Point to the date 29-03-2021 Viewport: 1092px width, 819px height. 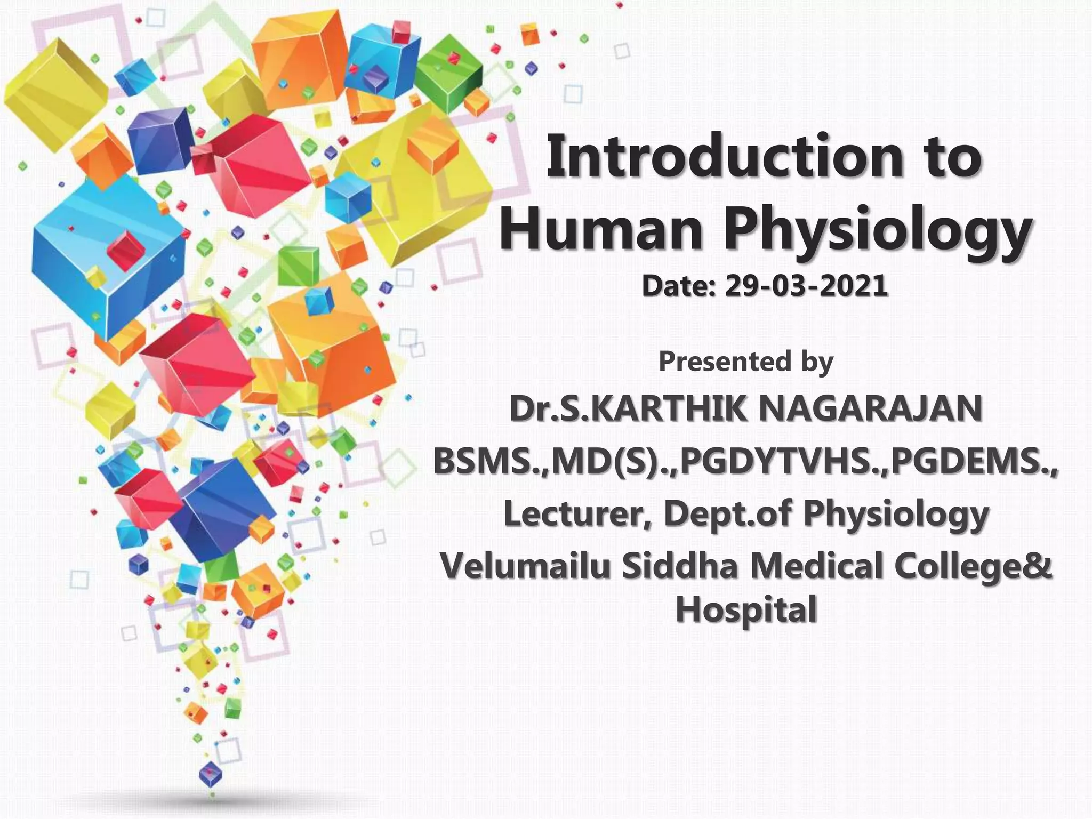pyautogui.click(x=806, y=286)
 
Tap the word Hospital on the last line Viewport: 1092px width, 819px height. pyautogui.click(x=746, y=609)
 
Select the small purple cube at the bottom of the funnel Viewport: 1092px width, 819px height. pyautogui.click(x=211, y=773)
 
